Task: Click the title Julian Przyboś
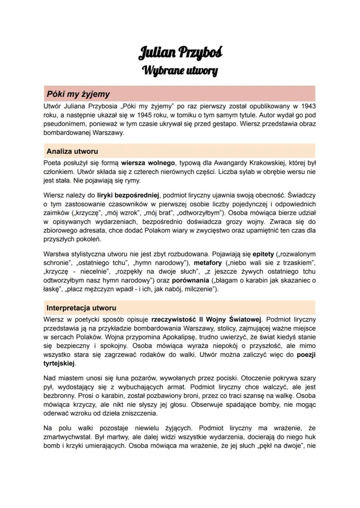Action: point(180,53)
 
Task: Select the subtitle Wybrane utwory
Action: point(180,70)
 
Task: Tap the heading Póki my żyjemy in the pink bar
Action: point(79,94)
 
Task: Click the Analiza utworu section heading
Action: point(72,151)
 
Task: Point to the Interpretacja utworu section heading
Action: point(81,308)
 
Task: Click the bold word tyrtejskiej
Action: point(59,363)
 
